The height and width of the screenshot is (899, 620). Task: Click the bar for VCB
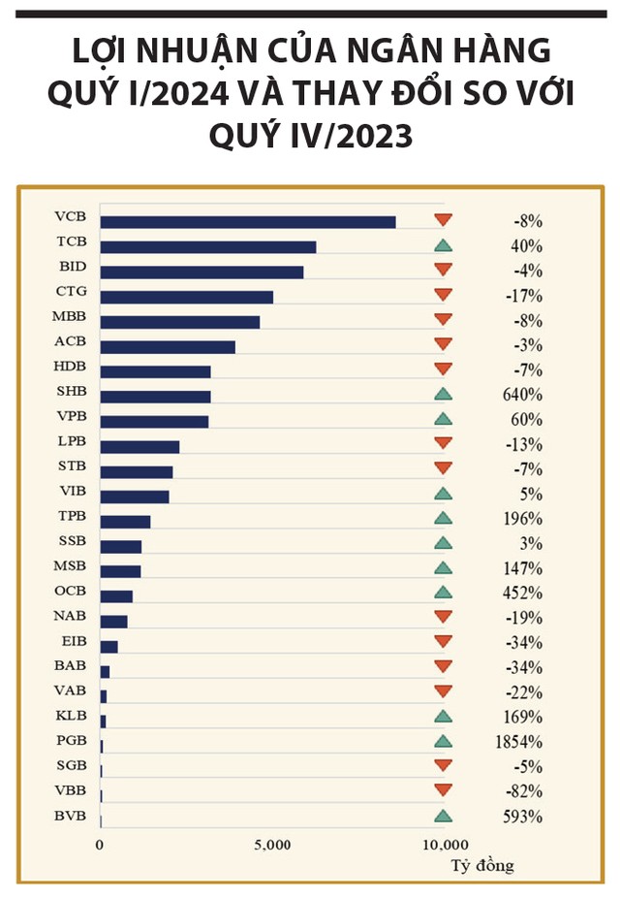click(247, 222)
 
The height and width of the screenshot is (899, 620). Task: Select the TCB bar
click(207, 247)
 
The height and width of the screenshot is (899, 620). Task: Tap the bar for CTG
click(186, 297)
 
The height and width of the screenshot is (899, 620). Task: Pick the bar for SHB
click(155, 397)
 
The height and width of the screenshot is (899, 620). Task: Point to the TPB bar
click(125, 522)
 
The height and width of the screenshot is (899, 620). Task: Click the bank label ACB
click(71, 341)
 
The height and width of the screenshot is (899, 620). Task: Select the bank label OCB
click(71, 591)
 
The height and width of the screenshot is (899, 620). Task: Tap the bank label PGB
click(71, 741)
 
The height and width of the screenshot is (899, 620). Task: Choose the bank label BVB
click(71, 816)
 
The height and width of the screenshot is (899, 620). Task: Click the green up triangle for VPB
click(443, 419)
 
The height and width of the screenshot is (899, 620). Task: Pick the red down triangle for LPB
click(443, 443)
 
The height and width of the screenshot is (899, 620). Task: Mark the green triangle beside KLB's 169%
click(443, 717)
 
